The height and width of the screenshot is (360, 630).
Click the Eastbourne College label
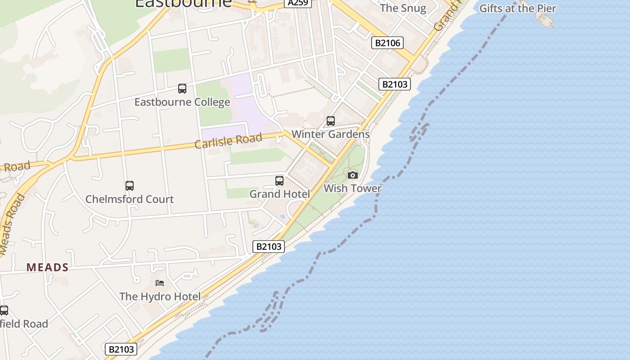[182, 102]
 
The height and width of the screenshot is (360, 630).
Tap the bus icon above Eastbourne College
[182, 89]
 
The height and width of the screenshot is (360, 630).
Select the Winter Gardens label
[331, 134]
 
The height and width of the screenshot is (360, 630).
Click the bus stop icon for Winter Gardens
[331, 121]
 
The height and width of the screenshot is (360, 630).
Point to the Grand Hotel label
[279, 194]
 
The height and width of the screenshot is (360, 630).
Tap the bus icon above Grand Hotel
[279, 181]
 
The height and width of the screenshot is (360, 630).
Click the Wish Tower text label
[352, 188]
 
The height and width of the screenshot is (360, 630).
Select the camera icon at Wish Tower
[353, 175]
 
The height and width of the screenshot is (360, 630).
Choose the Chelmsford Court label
[130, 199]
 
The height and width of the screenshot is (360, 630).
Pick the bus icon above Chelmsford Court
[130, 185]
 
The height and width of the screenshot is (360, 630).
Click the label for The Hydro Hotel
[160, 296]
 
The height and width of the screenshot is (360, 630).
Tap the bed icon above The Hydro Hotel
[160, 283]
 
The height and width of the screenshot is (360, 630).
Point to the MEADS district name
[47, 267]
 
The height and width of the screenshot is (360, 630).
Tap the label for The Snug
[403, 8]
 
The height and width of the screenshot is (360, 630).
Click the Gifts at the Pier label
[517, 8]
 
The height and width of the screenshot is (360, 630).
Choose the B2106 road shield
[387, 43]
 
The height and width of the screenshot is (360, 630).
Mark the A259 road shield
[298, 3]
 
